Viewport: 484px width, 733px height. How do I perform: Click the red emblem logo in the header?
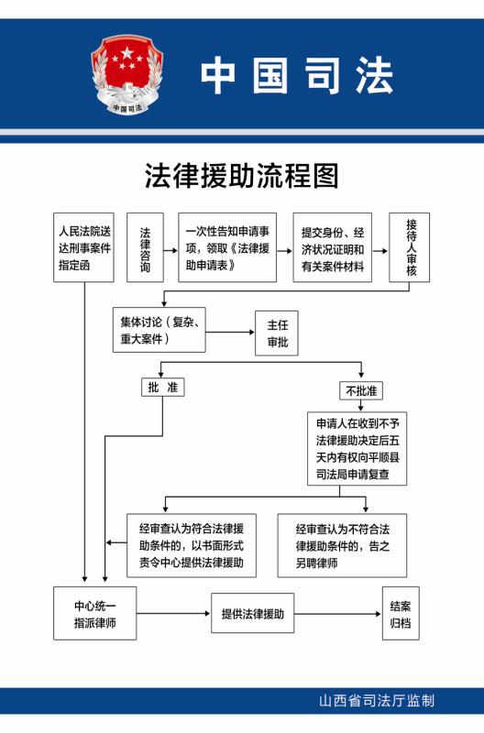(126, 75)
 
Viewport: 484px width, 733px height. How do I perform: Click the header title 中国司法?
(297, 75)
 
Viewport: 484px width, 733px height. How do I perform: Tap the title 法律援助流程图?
(241, 176)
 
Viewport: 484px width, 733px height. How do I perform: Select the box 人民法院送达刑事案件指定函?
(83, 247)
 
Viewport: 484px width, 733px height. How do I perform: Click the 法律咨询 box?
(146, 247)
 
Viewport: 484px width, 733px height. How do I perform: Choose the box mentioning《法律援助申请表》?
(227, 247)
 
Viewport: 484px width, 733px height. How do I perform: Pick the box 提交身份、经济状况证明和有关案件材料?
(333, 247)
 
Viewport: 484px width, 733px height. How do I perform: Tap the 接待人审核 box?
(410, 247)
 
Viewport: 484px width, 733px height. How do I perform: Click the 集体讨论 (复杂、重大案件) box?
(159, 330)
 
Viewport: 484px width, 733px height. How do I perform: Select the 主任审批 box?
(276, 334)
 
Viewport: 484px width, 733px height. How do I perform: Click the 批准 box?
(163, 387)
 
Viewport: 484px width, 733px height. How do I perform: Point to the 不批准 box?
(361, 391)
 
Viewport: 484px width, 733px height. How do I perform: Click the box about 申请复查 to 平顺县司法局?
(357, 449)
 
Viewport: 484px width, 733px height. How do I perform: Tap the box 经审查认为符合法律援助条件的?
(192, 545)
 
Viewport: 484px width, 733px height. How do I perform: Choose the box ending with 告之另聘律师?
(342, 545)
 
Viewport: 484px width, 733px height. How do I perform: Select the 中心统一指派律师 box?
(95, 613)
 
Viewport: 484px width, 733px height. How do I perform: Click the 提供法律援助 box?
(252, 613)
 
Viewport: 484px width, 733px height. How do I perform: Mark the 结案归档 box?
(401, 613)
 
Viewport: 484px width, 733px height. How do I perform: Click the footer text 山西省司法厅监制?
(377, 701)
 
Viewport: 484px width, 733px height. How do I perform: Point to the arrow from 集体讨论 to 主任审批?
(230, 333)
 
